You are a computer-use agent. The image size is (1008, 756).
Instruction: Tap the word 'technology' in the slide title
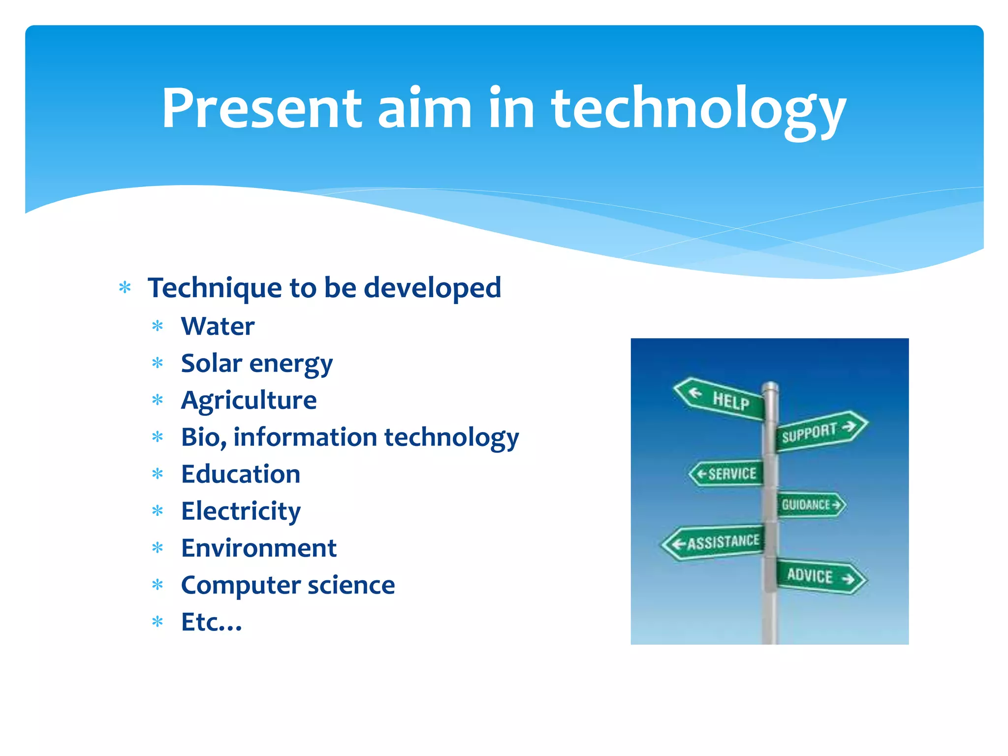(698, 109)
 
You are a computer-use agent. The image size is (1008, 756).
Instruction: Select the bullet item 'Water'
(218, 326)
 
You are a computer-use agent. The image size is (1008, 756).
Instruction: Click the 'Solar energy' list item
(256, 364)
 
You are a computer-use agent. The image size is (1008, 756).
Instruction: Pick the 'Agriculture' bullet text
(249, 400)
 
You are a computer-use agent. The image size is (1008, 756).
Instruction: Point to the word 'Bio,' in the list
(203, 437)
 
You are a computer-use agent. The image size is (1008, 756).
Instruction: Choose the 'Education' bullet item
(241, 474)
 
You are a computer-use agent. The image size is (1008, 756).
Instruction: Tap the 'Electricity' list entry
(241, 511)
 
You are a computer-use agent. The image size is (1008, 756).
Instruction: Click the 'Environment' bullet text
(258, 548)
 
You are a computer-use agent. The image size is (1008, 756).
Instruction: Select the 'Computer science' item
(288, 585)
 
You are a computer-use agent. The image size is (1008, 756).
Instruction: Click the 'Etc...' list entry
(211, 622)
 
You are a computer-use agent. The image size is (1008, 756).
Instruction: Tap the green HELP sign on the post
(722, 399)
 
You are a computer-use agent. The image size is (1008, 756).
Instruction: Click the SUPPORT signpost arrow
(820, 431)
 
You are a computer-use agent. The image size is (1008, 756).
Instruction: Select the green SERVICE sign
(728, 473)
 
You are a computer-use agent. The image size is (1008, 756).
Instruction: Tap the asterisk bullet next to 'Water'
(157, 326)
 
